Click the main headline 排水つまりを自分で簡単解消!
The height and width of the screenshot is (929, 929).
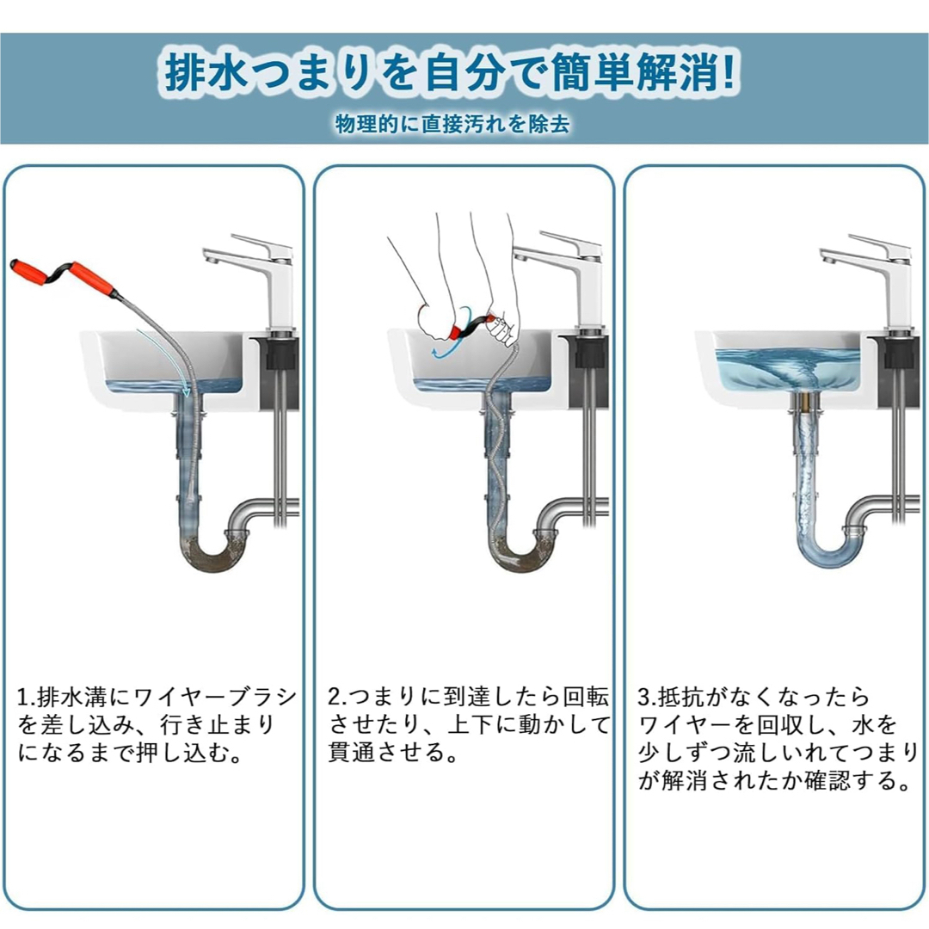[x=450, y=73]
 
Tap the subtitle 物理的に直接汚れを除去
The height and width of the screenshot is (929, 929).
[x=452, y=123]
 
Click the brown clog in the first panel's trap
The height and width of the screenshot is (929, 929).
[x=213, y=555]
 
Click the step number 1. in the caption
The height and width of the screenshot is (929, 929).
[x=26, y=698]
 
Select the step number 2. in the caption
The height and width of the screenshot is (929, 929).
[x=336, y=698]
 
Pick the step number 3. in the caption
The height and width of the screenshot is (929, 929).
[x=647, y=698]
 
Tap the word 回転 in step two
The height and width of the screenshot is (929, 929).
[x=586, y=698]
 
